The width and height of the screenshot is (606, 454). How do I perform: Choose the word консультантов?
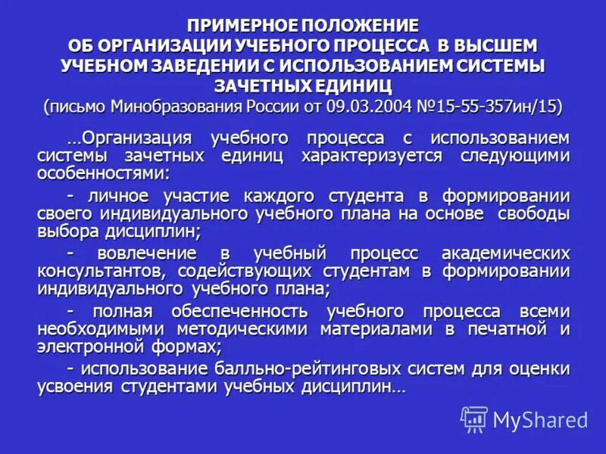coord(103,271)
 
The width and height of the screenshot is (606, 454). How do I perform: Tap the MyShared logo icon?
coord(474,418)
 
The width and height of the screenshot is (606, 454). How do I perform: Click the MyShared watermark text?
coord(540,419)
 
